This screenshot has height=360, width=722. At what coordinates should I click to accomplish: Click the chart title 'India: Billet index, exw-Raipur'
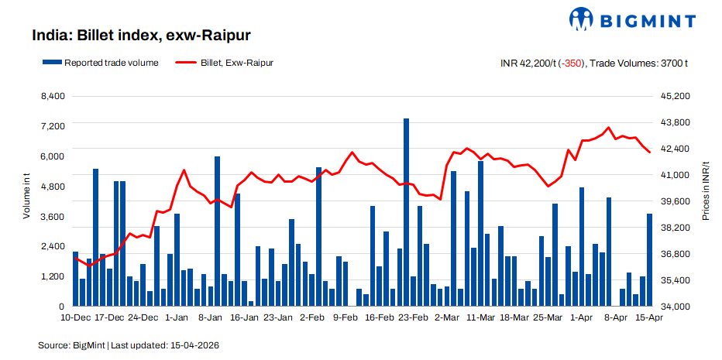tap(141, 36)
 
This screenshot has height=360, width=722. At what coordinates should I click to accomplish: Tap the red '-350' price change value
tap(572, 63)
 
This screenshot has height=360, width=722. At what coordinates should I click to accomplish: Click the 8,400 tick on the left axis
tap(52, 96)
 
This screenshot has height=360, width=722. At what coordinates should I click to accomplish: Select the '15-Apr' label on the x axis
tap(649, 317)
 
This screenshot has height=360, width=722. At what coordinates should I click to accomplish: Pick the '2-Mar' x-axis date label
tap(447, 317)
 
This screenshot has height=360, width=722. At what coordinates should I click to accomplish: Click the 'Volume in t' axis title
tap(26, 197)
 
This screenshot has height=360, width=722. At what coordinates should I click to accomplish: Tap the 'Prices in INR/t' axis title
tap(706, 197)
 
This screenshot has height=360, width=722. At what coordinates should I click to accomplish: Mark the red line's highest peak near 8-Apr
tap(608, 128)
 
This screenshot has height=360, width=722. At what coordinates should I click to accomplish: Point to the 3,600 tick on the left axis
tap(52, 217)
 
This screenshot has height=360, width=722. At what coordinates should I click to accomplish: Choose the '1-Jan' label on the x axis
tap(177, 317)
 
